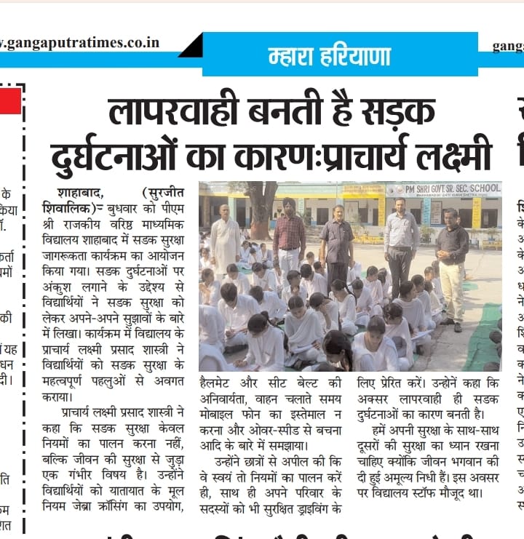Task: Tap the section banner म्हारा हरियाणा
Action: click(329, 56)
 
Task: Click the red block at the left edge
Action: click(10, 101)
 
